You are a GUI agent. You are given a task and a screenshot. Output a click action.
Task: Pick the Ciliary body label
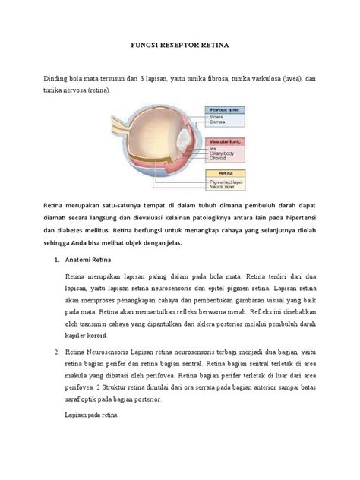pos(223,155)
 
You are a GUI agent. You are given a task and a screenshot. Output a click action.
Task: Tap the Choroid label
pos(219,161)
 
